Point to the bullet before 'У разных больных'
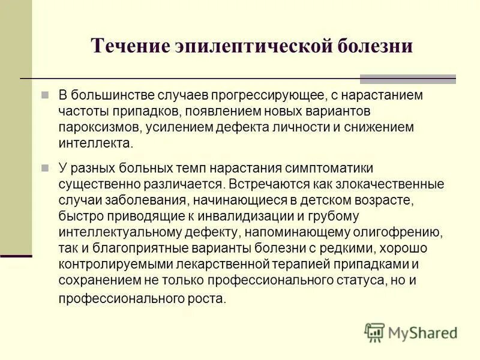(45, 169)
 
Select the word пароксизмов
(95, 128)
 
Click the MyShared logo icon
(374, 332)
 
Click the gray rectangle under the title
(407, 79)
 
